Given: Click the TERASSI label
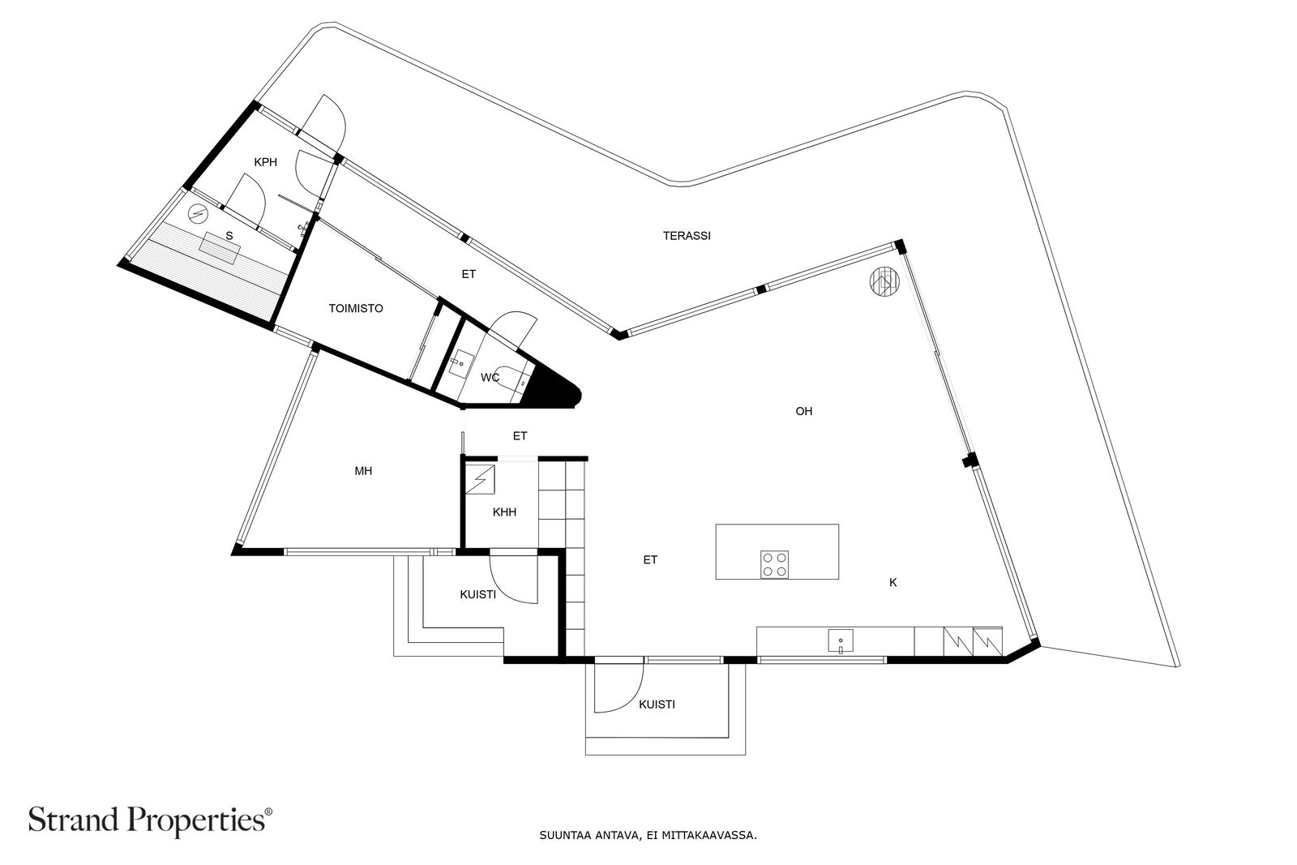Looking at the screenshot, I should click(687, 236).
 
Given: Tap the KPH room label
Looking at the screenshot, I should click(265, 162).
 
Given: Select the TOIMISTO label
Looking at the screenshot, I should click(355, 309).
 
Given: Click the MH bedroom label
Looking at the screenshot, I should click(363, 471).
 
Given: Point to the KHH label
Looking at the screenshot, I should click(504, 512).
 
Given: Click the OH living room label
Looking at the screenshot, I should click(803, 412).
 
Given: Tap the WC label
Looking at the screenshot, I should click(490, 378).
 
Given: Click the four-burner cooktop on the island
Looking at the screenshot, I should click(775, 563).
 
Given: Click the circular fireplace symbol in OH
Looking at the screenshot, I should click(884, 283).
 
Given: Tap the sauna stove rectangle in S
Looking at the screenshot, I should click(220, 247).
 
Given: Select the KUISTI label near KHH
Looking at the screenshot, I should click(477, 595).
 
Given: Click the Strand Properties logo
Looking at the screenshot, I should click(151, 820).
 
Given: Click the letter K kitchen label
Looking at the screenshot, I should click(893, 583).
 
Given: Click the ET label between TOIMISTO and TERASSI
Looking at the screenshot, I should click(469, 275).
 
